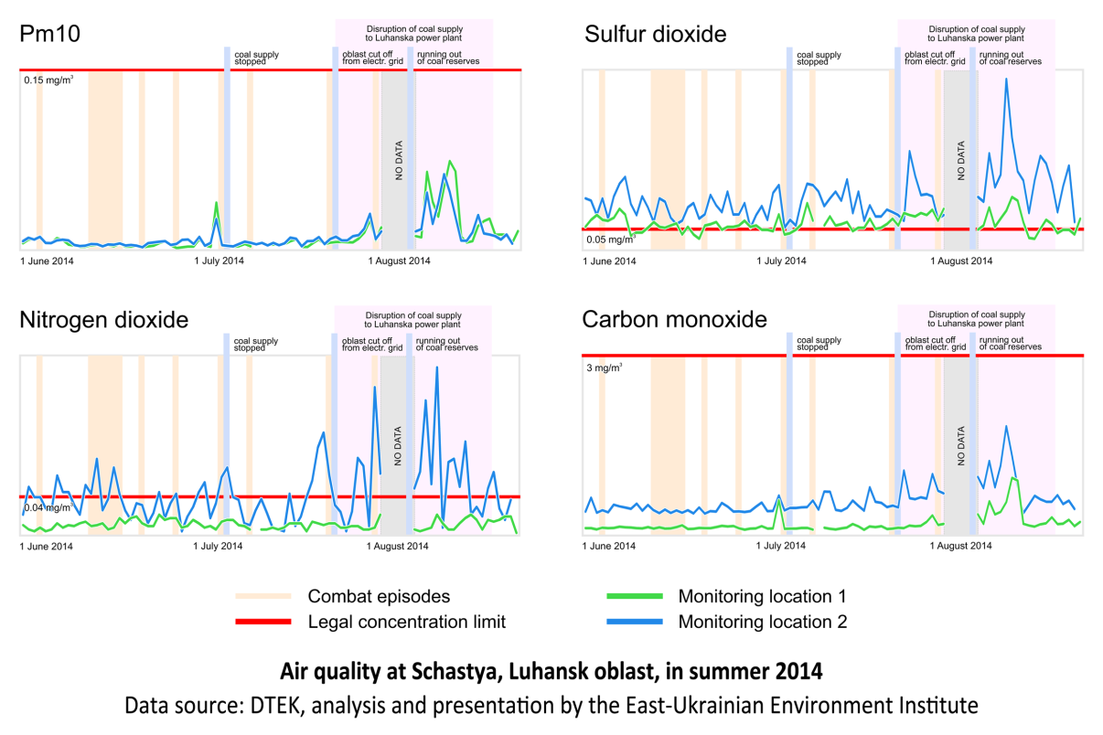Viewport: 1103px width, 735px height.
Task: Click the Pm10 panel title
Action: (x=51, y=34)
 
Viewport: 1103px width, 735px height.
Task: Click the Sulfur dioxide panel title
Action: (x=656, y=35)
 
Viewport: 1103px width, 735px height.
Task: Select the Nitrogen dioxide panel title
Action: (x=103, y=320)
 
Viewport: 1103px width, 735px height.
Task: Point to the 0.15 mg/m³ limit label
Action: (x=48, y=80)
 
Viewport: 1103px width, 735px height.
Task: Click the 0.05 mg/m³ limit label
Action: (x=610, y=240)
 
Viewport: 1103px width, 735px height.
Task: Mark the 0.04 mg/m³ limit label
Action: (x=47, y=507)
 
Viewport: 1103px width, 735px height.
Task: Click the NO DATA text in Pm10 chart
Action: (x=400, y=161)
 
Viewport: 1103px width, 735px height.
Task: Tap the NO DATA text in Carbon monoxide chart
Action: (x=961, y=447)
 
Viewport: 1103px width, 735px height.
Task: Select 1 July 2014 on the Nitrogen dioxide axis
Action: (x=218, y=547)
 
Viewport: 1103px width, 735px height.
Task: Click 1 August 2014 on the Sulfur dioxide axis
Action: (x=961, y=261)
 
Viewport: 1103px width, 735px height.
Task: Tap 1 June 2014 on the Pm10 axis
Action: (x=47, y=261)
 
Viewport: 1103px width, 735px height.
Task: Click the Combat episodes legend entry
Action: (x=379, y=597)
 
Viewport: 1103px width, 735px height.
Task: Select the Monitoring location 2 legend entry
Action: (x=762, y=622)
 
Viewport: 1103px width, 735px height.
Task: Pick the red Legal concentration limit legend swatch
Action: (x=262, y=623)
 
